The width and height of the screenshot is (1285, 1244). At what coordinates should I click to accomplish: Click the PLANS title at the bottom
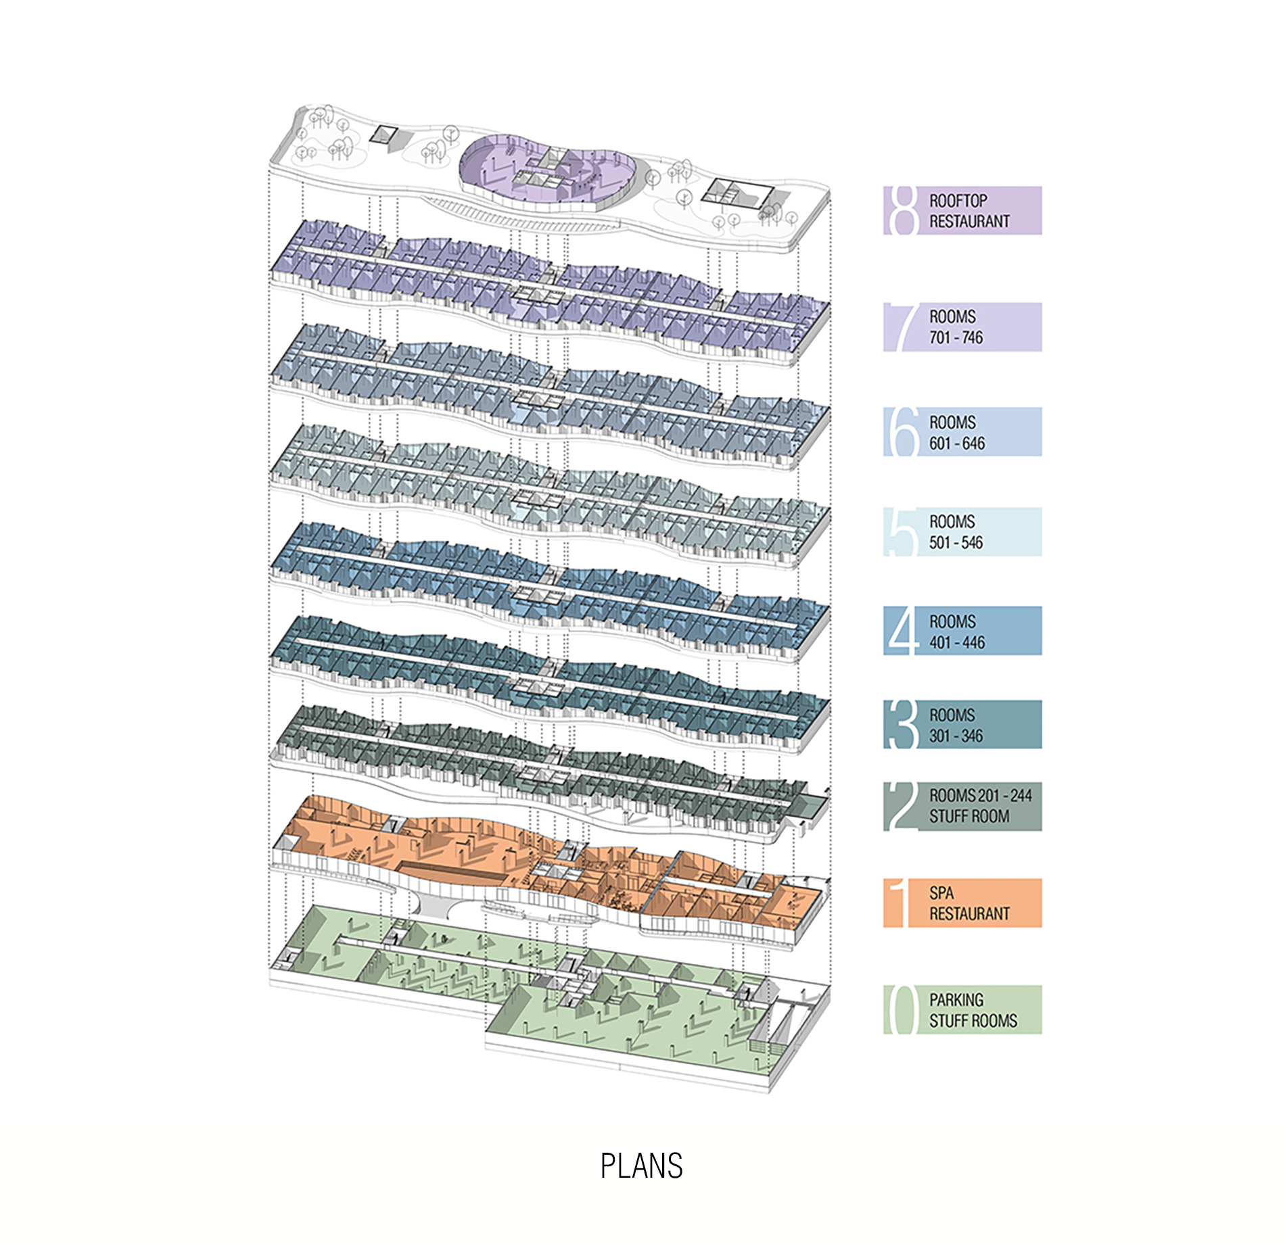[642, 1166]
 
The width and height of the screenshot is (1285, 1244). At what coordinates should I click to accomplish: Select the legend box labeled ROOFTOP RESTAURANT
[962, 210]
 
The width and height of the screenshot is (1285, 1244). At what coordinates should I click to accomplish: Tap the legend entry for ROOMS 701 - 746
[962, 327]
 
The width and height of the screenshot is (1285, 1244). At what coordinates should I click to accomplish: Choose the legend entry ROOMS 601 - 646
[962, 431]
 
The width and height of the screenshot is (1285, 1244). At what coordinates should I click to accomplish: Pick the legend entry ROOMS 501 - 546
[962, 532]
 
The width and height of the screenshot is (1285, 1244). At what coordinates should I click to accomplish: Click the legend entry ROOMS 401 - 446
[962, 631]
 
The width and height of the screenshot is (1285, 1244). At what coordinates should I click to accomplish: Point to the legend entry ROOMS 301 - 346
[962, 724]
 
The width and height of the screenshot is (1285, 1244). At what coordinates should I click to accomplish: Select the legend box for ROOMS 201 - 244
[962, 807]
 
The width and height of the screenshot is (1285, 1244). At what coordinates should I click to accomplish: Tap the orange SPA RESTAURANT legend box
[962, 903]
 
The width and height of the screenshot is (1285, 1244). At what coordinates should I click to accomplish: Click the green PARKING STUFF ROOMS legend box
[962, 1009]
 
